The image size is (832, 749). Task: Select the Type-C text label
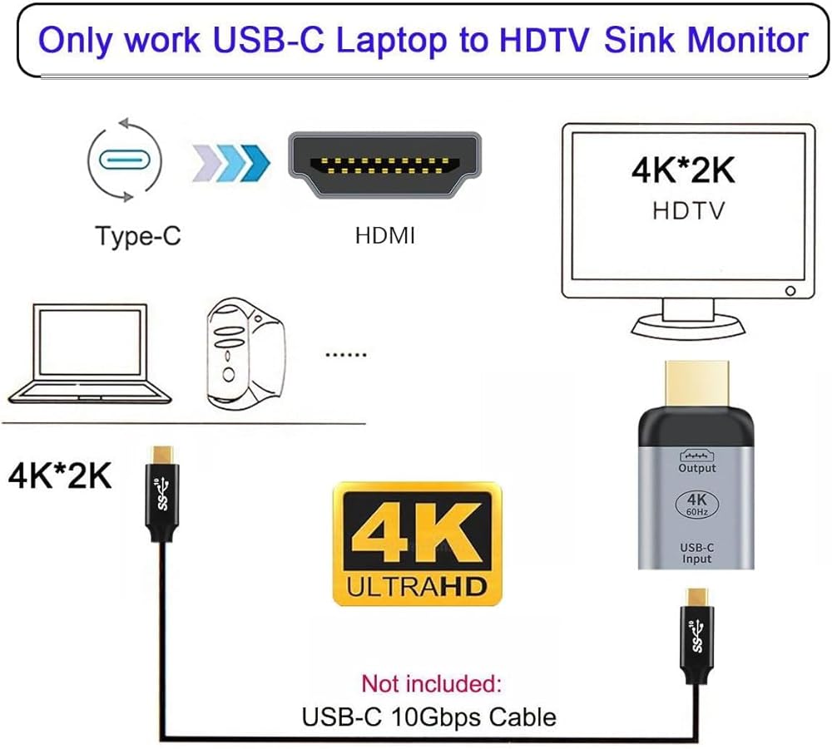tap(138, 235)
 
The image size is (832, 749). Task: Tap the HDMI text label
tap(384, 236)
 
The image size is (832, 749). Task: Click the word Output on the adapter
tap(697, 468)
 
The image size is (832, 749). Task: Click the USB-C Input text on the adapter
tap(697, 553)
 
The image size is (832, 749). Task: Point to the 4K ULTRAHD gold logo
tap(417, 545)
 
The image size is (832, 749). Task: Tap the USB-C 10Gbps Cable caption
tap(429, 716)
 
